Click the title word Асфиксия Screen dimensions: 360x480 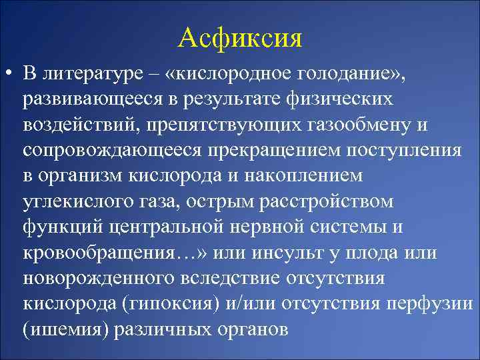[240, 38]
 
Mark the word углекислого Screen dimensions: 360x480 [79, 201]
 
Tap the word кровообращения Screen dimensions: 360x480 [98, 252]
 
